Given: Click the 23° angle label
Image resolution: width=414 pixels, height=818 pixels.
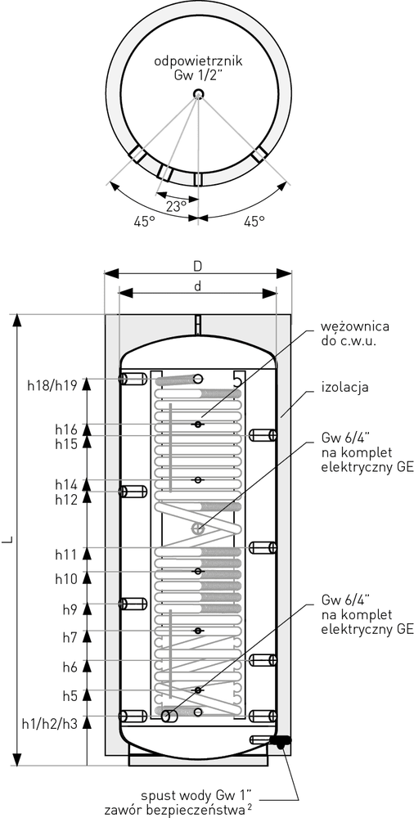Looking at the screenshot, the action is coord(177,205).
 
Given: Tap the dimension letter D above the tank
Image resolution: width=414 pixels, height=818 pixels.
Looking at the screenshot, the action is coord(197,266).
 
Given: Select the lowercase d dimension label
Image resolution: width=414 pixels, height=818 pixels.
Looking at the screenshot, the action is coord(197,285).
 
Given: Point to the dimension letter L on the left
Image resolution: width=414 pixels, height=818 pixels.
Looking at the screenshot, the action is coord(8,540).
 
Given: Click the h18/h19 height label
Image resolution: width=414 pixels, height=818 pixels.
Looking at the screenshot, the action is coord(52,385).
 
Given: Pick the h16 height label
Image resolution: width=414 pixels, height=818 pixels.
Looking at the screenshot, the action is coord(67,430).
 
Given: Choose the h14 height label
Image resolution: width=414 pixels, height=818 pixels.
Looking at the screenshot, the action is coord(67,484).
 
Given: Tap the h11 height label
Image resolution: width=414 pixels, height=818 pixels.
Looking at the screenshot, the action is coord(67,554).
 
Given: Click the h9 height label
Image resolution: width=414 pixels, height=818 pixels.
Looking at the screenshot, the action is coord(70,609).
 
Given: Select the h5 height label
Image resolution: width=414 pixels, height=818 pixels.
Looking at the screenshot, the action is coord(70,694).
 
